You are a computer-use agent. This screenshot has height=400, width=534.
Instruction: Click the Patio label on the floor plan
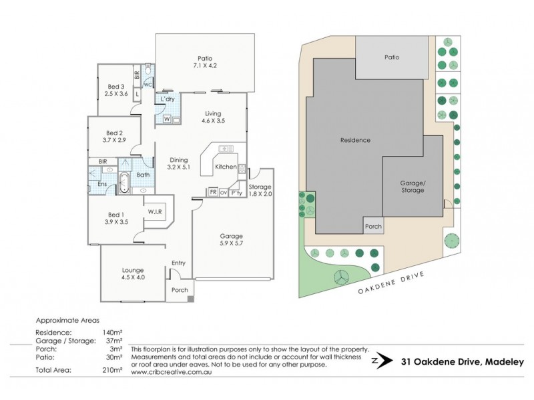204,57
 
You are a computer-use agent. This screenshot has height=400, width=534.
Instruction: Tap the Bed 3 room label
115,86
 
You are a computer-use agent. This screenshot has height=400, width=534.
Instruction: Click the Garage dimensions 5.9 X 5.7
232,244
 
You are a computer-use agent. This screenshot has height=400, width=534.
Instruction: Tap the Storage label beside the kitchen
260,187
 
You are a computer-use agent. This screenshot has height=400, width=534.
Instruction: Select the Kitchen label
226,167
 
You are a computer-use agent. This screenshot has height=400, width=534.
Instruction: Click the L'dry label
167,99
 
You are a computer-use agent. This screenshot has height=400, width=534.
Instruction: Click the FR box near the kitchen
212,193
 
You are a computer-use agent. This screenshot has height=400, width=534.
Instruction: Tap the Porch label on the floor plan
180,290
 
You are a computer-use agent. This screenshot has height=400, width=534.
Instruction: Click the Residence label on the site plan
355,140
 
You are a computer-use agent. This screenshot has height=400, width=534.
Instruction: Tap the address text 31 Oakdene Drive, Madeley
463,362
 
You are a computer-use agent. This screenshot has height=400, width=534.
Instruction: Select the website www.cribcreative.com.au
168,372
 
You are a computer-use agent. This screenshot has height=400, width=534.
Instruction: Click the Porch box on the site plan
373,226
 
